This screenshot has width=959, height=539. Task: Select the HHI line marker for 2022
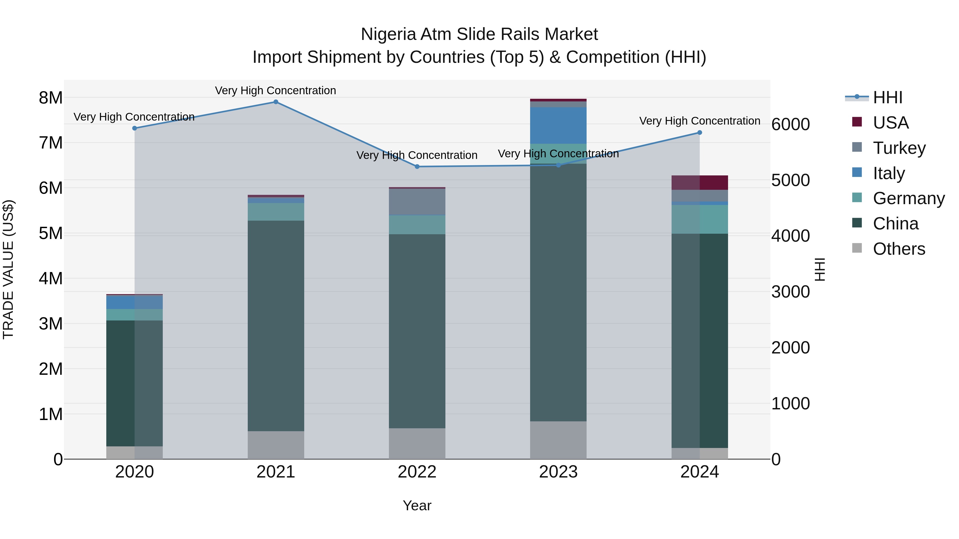click(x=417, y=167)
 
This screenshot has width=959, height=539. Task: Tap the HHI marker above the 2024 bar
click(x=700, y=133)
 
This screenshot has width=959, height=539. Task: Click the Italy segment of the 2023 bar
click(x=558, y=125)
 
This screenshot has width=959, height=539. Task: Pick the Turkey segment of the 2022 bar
click(x=417, y=202)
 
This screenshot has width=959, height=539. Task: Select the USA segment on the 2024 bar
click(x=700, y=183)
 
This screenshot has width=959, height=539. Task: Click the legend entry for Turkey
click(x=899, y=148)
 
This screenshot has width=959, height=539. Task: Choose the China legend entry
click(x=895, y=224)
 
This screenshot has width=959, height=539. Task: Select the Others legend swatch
click(x=857, y=248)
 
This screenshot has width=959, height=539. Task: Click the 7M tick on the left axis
click(x=51, y=143)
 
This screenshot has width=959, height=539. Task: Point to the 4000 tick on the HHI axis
click(x=790, y=236)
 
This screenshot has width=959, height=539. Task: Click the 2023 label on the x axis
click(x=558, y=472)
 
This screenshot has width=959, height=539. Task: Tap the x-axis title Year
click(x=417, y=505)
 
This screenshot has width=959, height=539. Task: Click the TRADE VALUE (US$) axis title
click(x=8, y=269)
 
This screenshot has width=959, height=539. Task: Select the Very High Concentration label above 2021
click(x=275, y=90)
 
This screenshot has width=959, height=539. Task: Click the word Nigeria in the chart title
click(x=388, y=34)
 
